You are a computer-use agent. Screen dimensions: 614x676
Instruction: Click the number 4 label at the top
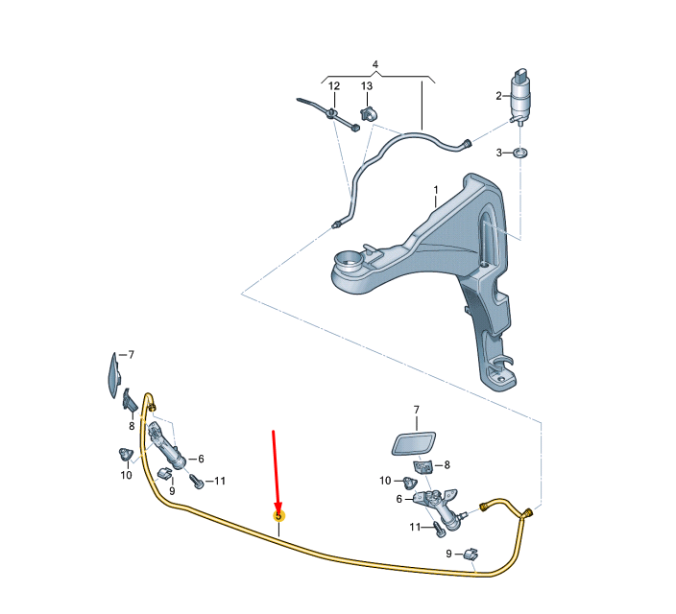coord(375,65)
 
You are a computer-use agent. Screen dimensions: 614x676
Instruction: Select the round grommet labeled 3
coord(521,153)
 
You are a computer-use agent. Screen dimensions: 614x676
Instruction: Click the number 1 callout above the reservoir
coord(434,190)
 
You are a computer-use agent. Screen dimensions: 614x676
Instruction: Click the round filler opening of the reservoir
coord(348,258)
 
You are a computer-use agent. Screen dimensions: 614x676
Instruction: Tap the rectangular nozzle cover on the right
coord(415,443)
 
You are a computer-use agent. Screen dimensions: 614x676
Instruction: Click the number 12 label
coord(334,86)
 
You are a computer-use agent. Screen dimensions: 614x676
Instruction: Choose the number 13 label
coord(367,86)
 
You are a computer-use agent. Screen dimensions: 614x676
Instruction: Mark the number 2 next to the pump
coord(498,96)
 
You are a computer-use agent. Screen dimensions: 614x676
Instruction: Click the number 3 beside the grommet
coord(498,153)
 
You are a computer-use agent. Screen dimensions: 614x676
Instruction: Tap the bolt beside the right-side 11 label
coord(440,526)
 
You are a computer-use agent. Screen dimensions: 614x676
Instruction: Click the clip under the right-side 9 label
coord(471,555)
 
